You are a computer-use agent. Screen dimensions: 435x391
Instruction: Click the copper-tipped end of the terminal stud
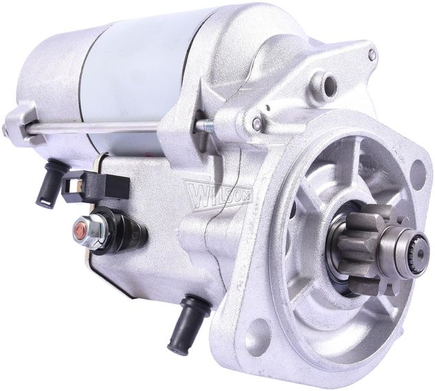pyautogui.click(x=79, y=229)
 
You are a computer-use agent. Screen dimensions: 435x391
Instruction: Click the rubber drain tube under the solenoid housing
pyautogui.click(x=189, y=323)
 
